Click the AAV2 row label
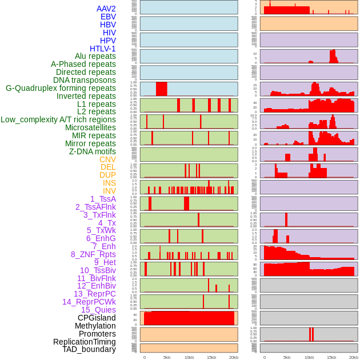106,9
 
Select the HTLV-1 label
102,49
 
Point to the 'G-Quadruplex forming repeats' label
61,88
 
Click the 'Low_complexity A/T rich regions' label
58,119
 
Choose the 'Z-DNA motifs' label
92,151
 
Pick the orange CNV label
107,159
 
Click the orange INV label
109,191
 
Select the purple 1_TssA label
103,199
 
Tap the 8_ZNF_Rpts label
93,254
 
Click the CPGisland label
97,318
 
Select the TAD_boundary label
89,349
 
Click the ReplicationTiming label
84,342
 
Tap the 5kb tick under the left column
167,358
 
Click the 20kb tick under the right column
354,358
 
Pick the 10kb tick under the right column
309,358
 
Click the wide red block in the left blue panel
162,89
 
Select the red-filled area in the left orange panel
189,318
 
